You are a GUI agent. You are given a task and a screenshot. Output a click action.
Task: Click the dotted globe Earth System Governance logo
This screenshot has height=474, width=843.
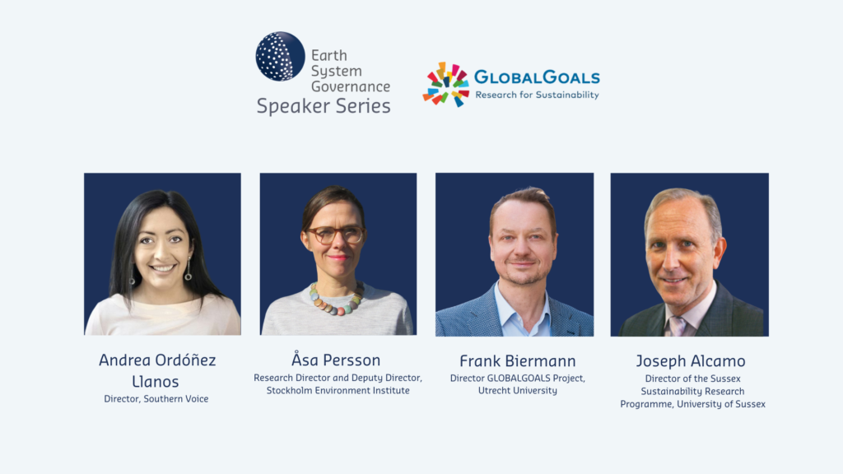280,57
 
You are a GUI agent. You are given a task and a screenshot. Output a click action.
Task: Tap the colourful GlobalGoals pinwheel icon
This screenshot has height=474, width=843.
445,85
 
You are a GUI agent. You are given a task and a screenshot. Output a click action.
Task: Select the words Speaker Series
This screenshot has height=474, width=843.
324,106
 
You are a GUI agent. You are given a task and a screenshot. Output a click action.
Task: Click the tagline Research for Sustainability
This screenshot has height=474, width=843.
537,95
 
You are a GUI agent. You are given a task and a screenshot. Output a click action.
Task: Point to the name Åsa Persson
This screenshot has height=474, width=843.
336,359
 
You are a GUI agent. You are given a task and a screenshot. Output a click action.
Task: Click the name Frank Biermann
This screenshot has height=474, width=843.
517,360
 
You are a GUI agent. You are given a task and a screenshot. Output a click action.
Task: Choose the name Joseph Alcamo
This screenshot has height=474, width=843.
691,360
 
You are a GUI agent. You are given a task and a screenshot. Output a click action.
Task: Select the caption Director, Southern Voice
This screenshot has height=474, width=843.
156,399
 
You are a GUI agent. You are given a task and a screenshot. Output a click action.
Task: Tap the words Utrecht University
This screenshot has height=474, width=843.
517,391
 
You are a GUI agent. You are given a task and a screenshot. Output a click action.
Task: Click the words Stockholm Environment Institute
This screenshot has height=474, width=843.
338,391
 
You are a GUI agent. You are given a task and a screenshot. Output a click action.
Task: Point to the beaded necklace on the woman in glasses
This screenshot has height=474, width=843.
337,301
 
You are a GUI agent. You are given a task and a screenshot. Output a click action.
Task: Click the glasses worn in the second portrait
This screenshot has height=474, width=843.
335,235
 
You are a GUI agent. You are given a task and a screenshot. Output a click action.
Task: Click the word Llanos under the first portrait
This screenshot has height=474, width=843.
156,382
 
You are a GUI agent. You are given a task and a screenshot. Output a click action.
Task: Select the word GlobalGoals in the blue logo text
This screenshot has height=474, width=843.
537,77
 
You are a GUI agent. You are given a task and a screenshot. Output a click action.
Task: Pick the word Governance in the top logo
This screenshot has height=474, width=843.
351,86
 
